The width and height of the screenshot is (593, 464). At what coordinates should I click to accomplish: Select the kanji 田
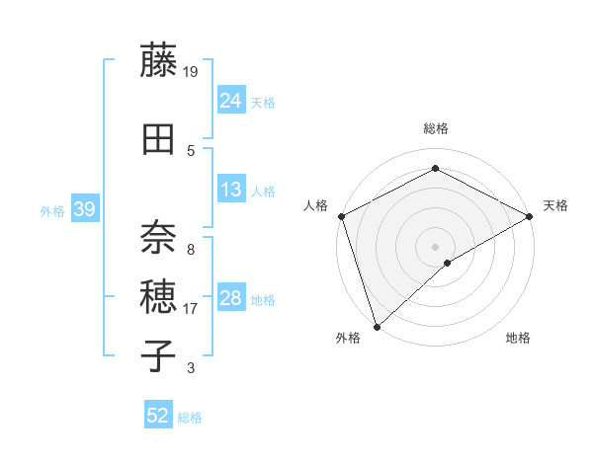click(159, 139)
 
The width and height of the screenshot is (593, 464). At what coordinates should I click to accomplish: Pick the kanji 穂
click(159, 294)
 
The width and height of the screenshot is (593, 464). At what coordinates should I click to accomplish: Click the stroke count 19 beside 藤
click(192, 71)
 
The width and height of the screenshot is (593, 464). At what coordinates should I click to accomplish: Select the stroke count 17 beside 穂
click(191, 309)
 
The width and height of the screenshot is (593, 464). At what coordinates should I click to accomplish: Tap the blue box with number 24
click(230, 100)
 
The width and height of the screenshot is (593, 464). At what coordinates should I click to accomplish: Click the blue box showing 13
click(230, 190)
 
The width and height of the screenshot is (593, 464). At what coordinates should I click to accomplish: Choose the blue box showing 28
click(230, 298)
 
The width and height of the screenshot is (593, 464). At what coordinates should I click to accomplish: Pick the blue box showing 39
click(84, 209)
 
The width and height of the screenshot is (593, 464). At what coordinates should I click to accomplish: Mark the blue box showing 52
click(157, 416)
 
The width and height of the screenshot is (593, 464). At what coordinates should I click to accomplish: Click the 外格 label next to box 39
click(52, 210)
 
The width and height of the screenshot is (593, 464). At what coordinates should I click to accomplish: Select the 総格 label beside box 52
click(190, 418)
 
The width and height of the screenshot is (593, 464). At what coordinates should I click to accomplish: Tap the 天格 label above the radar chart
click(555, 205)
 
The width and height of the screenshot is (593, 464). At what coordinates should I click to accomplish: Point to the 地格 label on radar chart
click(518, 339)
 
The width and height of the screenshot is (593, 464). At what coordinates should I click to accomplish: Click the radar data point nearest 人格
click(341, 216)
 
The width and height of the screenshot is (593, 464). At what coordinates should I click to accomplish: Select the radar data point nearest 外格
click(376, 326)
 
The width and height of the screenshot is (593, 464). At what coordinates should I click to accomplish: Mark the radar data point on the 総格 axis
click(435, 169)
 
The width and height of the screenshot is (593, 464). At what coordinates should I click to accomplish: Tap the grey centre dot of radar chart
click(435, 246)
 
